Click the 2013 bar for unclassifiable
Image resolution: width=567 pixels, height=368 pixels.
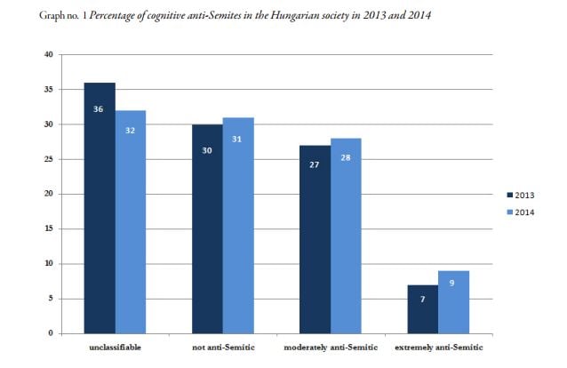click(100, 208)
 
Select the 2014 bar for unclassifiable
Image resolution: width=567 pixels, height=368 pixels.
click(131, 222)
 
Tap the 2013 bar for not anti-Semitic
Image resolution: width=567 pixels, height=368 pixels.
click(207, 229)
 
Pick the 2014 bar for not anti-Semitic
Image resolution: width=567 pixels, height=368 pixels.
click(238, 226)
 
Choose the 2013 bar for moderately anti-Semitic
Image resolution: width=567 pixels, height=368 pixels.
click(315, 239)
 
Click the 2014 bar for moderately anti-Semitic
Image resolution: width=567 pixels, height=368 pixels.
click(346, 236)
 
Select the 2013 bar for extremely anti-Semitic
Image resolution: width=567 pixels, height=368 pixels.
click(423, 309)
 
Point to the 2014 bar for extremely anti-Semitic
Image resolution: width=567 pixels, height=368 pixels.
click(454, 302)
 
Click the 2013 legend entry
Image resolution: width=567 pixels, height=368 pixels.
click(521, 196)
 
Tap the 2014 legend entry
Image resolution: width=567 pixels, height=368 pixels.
click(521, 212)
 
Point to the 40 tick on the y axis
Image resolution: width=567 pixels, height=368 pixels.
click(49, 54)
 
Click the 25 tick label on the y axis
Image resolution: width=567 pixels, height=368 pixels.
click(49, 159)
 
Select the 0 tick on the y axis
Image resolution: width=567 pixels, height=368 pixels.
click(51, 333)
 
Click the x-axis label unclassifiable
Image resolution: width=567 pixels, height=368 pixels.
click(115, 348)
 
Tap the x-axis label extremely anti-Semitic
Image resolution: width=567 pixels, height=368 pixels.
click(439, 348)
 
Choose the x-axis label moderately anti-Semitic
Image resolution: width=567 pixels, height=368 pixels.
click(331, 348)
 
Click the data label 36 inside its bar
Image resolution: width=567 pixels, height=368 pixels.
click(98, 109)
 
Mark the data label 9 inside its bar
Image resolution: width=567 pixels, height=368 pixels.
click(452, 283)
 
